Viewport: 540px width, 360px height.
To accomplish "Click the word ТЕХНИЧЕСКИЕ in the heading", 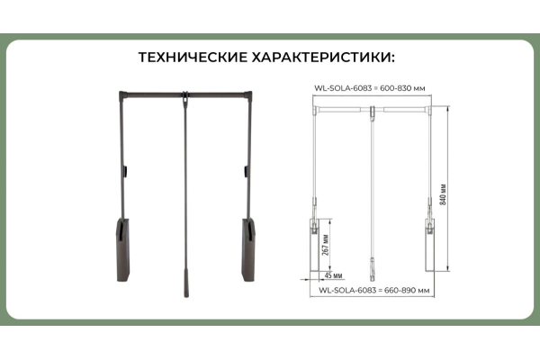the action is pos(193,58).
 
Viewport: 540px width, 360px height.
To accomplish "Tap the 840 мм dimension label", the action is pos(443,194).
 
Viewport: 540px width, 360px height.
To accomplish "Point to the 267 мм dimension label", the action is pos(326,245).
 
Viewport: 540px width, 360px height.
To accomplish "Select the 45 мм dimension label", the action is pos(333,275).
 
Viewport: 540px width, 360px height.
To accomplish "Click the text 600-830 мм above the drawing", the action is pos(402,88).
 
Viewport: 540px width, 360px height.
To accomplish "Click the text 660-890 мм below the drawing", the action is pos(407,290).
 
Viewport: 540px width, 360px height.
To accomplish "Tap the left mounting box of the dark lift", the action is pos(123,249).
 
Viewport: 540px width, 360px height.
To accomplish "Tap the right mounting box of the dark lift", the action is pos(248,249).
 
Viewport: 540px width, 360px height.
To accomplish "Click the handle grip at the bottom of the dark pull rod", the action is pos(186,283).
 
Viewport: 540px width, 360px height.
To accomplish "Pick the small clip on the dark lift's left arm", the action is pos(126,171).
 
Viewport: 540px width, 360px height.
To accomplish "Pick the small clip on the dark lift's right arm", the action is pos(247,171).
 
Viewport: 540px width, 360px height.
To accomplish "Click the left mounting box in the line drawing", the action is pos(315,245).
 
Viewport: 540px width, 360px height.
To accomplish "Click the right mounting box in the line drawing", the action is pos(430,245).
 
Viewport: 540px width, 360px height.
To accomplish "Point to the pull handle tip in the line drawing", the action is pos(373,269).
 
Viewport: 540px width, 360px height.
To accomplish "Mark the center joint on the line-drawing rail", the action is pos(373,112).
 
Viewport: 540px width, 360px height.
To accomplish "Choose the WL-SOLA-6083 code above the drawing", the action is pos(343,88).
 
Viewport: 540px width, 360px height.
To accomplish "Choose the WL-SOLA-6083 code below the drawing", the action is pos(347,290).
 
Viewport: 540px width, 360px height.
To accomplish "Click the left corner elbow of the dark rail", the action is pos(122,95).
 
